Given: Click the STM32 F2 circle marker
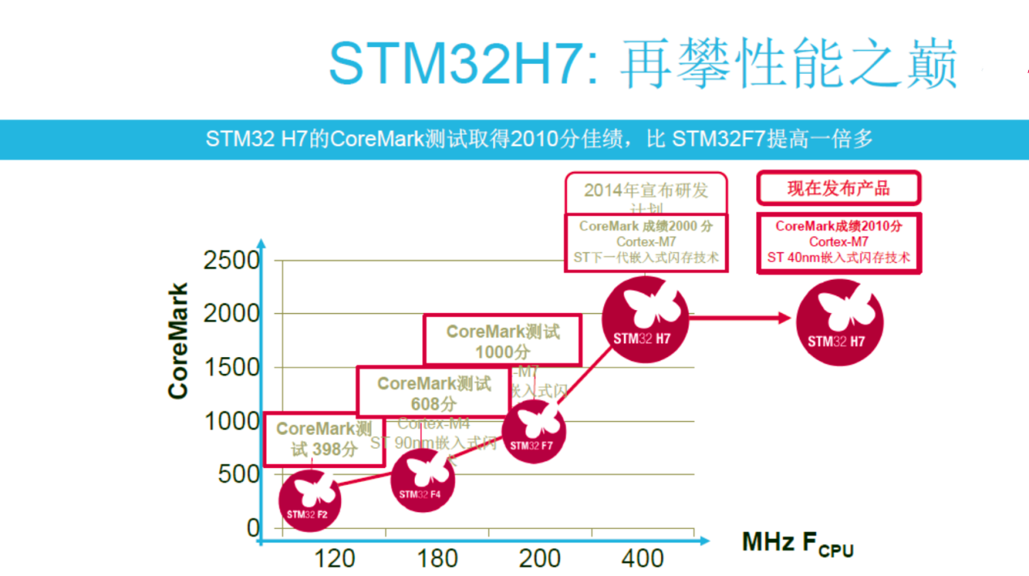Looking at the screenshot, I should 309,501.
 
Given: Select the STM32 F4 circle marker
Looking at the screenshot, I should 422,479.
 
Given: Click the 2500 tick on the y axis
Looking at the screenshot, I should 231,261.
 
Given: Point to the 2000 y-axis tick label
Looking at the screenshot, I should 231,314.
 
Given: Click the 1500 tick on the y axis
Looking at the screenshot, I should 231,368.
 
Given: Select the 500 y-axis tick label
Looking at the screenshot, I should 239,475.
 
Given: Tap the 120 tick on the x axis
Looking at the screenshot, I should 335,558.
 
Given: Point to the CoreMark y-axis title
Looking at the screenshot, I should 179,341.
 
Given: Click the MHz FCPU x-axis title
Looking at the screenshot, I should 797,544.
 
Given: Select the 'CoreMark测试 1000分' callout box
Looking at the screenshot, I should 503,340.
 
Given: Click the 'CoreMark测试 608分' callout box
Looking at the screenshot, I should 434,392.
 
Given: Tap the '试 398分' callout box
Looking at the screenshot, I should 324,439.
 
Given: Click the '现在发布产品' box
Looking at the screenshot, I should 838,188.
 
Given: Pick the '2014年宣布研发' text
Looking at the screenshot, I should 646,191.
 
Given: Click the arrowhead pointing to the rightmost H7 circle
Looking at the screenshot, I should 784,317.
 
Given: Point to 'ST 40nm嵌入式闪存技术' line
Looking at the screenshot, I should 838,258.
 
